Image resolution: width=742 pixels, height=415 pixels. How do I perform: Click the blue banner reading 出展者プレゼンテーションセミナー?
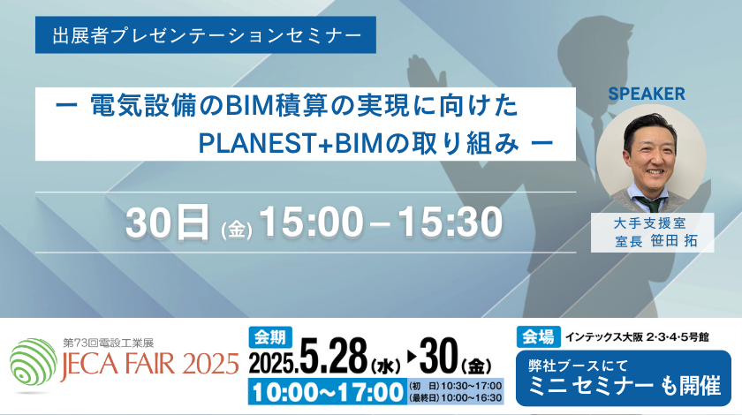pos(205,35)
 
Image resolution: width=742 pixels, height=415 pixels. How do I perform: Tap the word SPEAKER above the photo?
pos(647,94)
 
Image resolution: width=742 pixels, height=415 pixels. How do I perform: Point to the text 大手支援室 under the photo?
pos(649,223)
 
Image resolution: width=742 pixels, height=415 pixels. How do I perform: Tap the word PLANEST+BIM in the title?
pos(290,143)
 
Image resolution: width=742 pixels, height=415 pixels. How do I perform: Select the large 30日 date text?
pos(168,222)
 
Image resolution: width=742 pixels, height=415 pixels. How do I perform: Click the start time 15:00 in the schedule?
pos(311,222)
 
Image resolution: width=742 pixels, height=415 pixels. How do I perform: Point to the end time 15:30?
pos(450,222)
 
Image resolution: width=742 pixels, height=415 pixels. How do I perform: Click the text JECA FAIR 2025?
pos(149,364)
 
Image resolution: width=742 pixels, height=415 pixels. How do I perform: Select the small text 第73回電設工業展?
pos(109,343)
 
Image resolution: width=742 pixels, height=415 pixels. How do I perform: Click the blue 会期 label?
pos(270,337)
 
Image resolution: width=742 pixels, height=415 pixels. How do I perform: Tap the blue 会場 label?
pos(539,337)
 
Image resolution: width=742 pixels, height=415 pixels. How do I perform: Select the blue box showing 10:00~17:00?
pos(328,392)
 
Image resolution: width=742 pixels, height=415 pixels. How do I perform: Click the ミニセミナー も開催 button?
pos(624,378)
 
